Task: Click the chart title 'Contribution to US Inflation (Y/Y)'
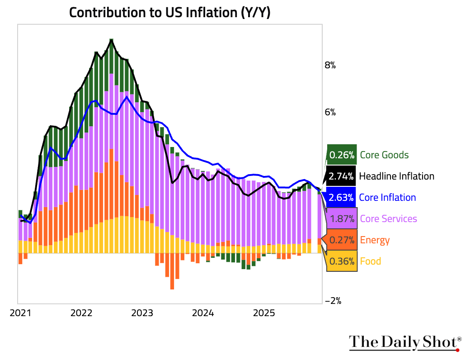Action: pos(169,12)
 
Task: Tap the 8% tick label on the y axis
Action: pos(330,65)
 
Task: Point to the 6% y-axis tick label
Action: pos(330,112)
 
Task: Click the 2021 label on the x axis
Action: pos(20,313)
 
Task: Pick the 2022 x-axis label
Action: pos(81,313)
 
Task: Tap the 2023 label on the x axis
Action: pos(142,313)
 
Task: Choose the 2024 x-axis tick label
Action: pos(203,313)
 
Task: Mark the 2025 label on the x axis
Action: pos(264,313)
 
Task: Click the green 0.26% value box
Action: pos(342,155)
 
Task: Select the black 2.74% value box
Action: pos(342,176)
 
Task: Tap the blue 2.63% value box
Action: pos(342,198)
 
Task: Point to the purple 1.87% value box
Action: pos(342,219)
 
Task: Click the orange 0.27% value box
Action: pos(342,240)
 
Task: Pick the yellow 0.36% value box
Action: pos(342,261)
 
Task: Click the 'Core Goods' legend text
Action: pos(384,155)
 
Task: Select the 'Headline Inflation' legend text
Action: pos(396,176)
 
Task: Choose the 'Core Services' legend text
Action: pos(388,219)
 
